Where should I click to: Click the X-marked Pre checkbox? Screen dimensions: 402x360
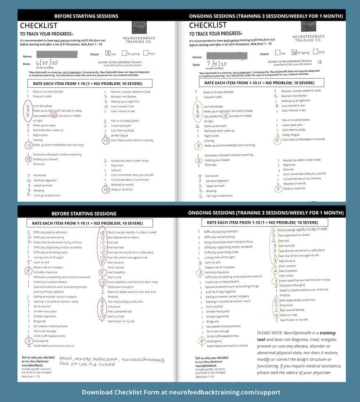(108, 53)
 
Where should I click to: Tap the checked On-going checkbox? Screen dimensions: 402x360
(294, 53)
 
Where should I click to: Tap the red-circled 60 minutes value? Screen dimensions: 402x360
(54, 115)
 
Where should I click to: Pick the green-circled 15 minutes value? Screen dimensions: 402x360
(225, 116)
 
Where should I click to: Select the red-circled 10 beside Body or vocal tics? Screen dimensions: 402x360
(106, 190)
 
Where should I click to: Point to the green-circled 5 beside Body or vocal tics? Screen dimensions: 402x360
(278, 189)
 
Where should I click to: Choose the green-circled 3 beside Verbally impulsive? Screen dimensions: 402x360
(200, 272)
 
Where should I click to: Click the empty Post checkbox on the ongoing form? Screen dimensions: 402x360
(316, 52)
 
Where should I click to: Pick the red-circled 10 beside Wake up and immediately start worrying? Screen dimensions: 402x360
(28, 145)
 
